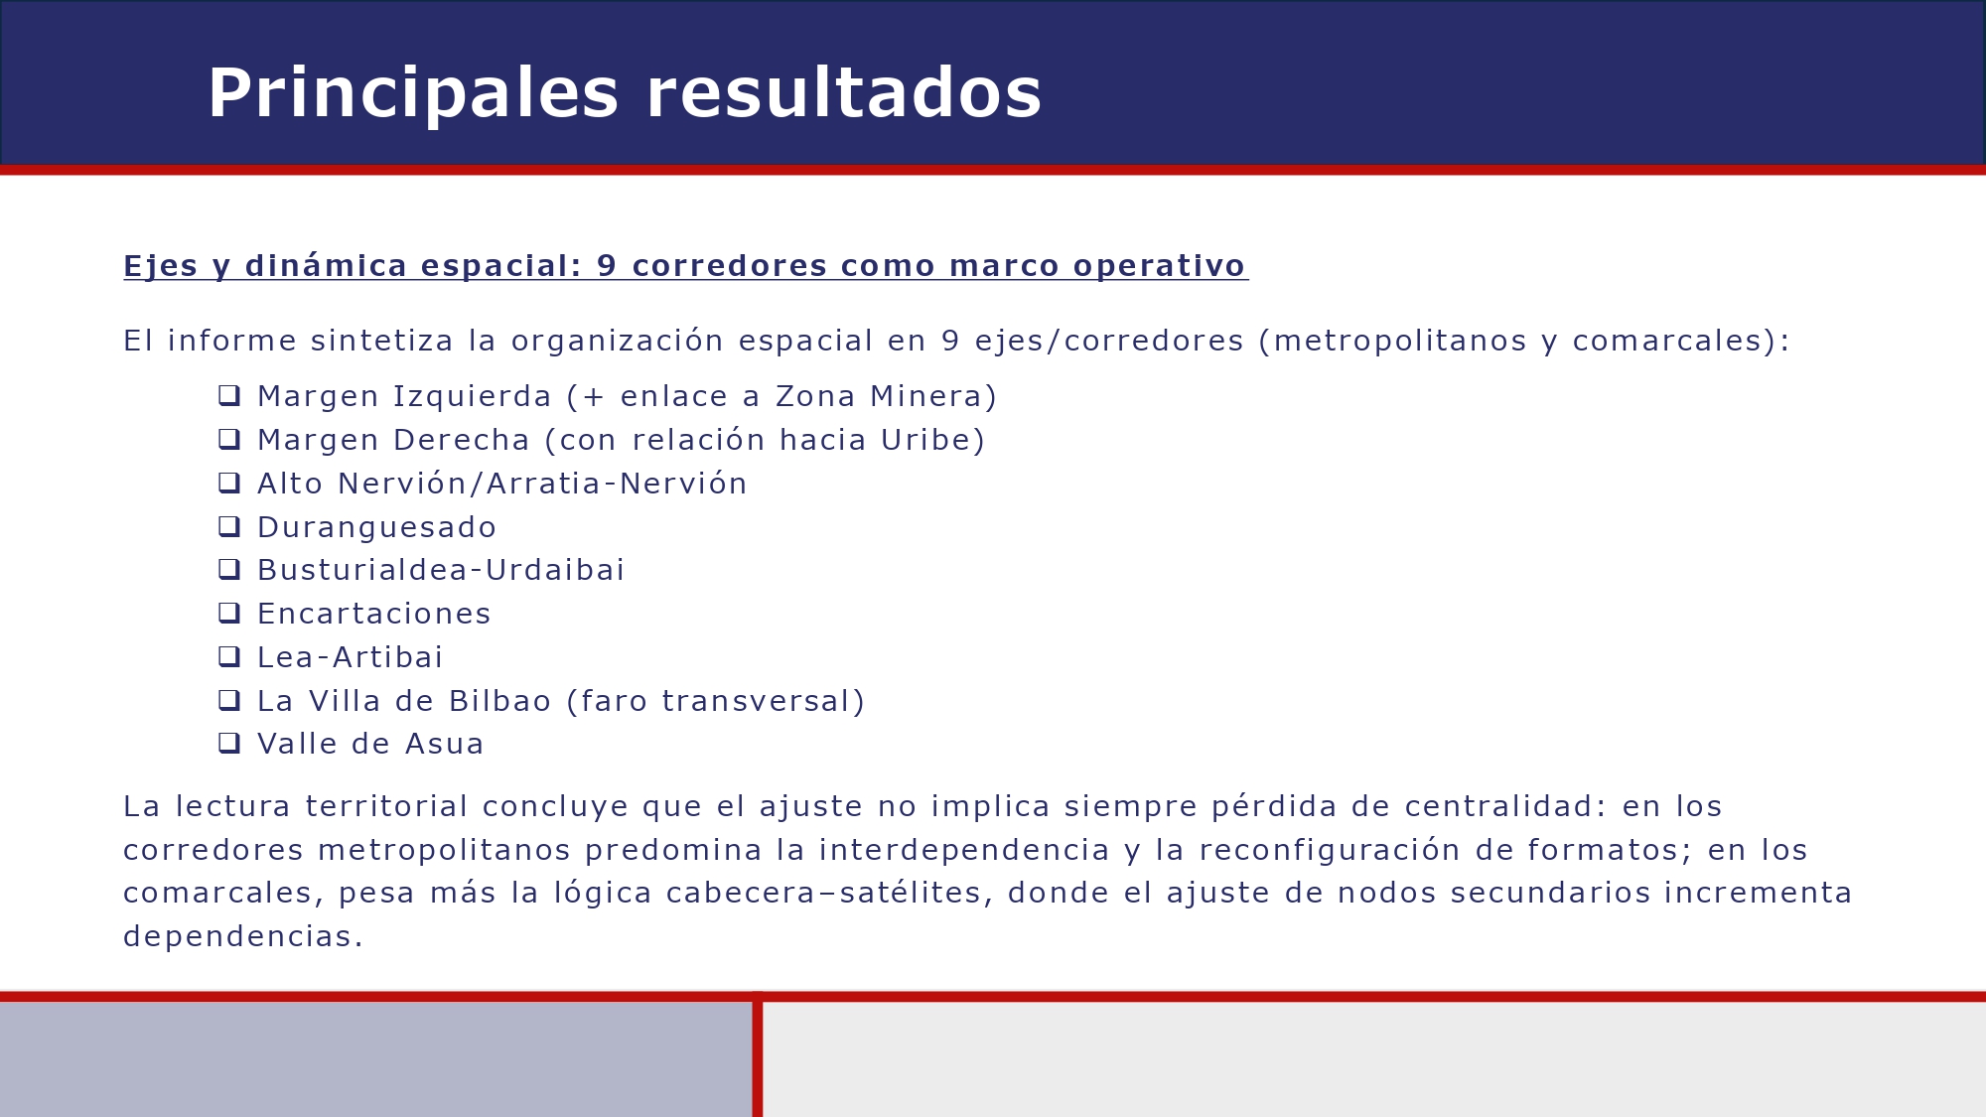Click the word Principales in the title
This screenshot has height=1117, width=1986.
click(x=412, y=94)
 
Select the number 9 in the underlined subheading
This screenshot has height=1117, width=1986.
click(x=607, y=266)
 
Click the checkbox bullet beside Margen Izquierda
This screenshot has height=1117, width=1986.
click(x=229, y=395)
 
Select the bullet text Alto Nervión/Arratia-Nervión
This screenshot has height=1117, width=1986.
click(x=501, y=484)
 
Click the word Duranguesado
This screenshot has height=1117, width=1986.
click(x=376, y=527)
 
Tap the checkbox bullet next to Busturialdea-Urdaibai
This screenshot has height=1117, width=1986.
click(x=229, y=569)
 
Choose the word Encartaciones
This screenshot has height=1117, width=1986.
click(x=373, y=614)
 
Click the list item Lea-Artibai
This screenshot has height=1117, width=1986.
click(x=350, y=657)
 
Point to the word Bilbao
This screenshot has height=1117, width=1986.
click(x=499, y=701)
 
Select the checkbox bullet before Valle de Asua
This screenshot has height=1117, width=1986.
click(x=229, y=743)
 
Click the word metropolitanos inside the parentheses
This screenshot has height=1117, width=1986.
click(x=1400, y=341)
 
